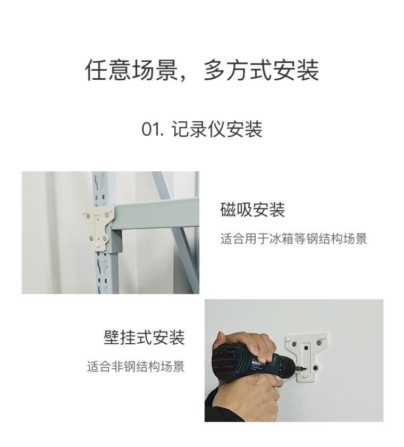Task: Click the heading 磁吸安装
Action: pos(252,210)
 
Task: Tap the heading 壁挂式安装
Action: pos(144,337)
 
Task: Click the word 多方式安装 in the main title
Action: pos(261,70)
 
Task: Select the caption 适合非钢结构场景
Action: pos(136,366)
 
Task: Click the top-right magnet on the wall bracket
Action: pos(319,342)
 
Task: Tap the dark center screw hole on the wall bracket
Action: pos(306,348)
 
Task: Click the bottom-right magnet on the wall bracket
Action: pos(315,368)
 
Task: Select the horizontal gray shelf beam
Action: pos(156,213)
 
